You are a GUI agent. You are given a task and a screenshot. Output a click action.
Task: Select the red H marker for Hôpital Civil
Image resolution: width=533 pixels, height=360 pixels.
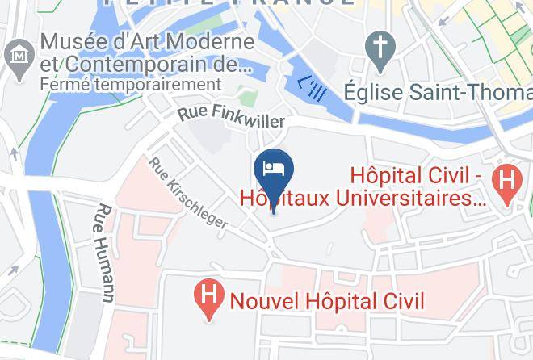point(507,179)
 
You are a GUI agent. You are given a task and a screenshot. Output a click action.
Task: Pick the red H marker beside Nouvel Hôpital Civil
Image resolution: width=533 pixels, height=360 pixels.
point(208,300)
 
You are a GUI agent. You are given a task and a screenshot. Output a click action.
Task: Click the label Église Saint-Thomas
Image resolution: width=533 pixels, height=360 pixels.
point(437,90)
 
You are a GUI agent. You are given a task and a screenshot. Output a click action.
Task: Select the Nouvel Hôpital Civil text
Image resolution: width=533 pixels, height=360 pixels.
point(326,301)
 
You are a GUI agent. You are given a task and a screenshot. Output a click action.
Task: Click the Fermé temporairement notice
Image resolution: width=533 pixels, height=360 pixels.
point(130,84)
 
